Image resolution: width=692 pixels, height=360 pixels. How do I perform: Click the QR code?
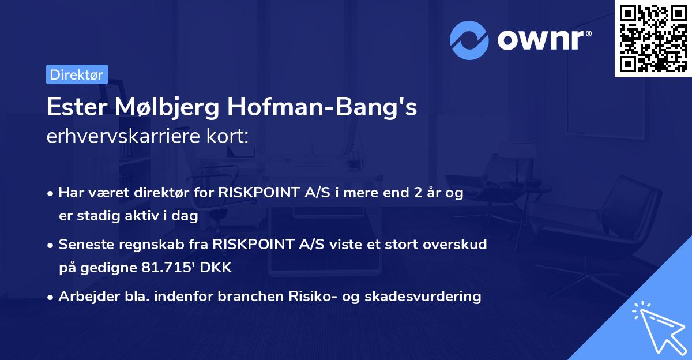(x=653, y=38)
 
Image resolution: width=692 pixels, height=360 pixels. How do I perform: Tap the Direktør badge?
(x=77, y=74)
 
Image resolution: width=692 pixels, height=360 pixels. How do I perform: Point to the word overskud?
(x=457, y=244)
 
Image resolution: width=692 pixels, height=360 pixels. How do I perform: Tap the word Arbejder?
(x=84, y=297)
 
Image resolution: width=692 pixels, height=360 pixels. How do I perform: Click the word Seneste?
(x=84, y=244)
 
